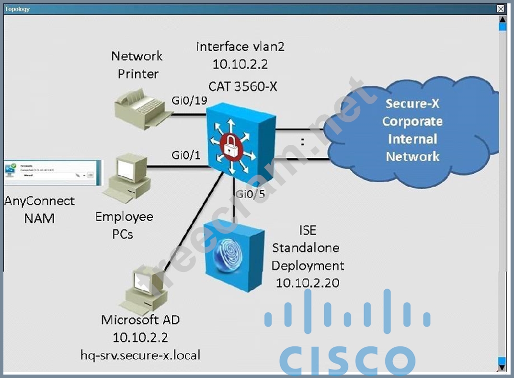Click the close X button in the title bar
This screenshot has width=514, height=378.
pos(501,9)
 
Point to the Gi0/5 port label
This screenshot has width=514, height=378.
pos(250,194)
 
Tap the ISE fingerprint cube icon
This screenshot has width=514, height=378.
pos(234,257)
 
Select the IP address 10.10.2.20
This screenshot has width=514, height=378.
pos(308,283)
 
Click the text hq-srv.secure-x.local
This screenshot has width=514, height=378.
pos(140,355)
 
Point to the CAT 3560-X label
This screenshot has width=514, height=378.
pos(243,86)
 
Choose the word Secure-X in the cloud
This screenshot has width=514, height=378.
pos(412,103)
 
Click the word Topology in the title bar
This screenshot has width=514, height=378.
pos(17,9)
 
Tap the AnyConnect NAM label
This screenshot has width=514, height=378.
pos(39,210)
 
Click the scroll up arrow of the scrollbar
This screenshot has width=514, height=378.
pos(502,20)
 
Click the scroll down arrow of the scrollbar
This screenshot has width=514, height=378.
pos(502,367)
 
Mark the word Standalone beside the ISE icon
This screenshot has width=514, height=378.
pos(306,248)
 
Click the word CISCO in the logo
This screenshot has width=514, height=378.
pos(347,360)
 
